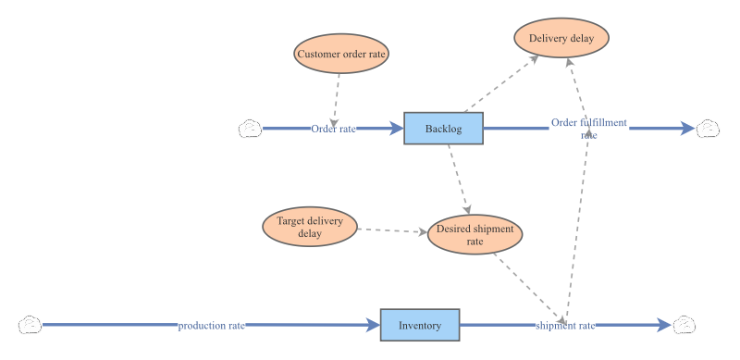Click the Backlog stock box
pyautogui.click(x=444, y=129)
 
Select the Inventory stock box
pyautogui.click(x=420, y=325)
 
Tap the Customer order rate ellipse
pyautogui.click(x=341, y=54)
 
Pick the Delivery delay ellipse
pyautogui.click(x=561, y=38)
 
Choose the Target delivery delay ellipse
pyautogui.click(x=310, y=227)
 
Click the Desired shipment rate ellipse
pyautogui.click(x=475, y=234)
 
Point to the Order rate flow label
pyautogui.click(x=334, y=129)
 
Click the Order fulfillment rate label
pyautogui.click(x=589, y=129)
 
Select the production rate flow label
pyautogui.click(x=212, y=326)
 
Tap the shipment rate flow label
pyautogui.click(x=565, y=326)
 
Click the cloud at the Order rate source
pyautogui.click(x=250, y=129)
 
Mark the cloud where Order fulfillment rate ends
pyautogui.click(x=708, y=129)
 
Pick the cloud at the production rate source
pyautogui.click(x=31, y=325)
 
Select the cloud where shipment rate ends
pyautogui.click(x=684, y=325)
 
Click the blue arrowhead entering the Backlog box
pyautogui.click(x=397, y=129)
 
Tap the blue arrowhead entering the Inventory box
pyautogui.click(x=374, y=325)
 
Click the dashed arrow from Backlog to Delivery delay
pyautogui.click(x=501, y=83)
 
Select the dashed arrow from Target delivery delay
pyautogui.click(x=392, y=230)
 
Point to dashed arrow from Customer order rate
pyautogui.click(x=336, y=101)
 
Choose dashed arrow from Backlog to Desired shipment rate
pyautogui.click(x=459, y=180)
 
